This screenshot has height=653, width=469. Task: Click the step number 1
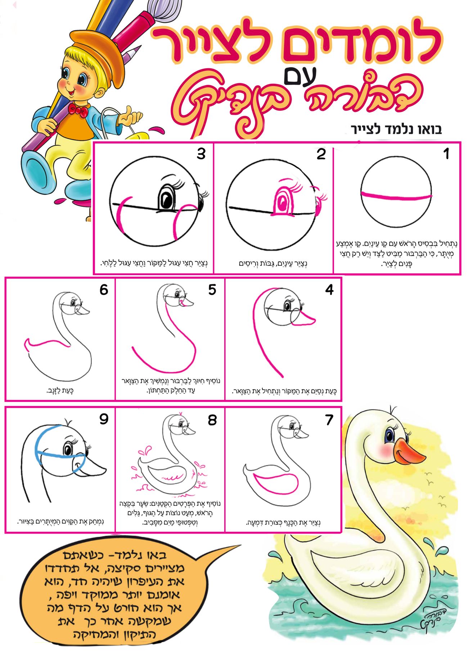click(x=446, y=154)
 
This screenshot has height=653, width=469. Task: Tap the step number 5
click(x=212, y=289)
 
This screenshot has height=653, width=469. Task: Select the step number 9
click(x=104, y=419)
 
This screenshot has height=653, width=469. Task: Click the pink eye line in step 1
click(x=396, y=196)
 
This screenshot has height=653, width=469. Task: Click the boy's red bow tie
click(x=78, y=110)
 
